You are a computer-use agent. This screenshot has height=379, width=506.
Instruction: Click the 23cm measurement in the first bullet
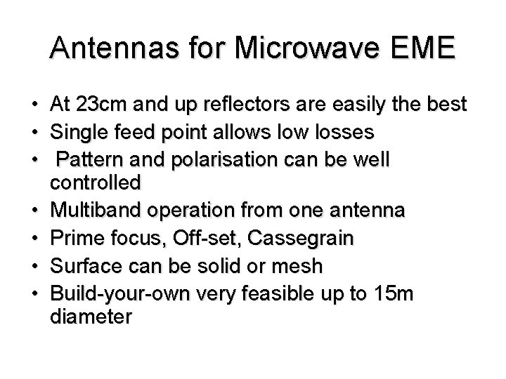click(x=100, y=106)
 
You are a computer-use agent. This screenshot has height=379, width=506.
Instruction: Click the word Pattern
click(x=89, y=159)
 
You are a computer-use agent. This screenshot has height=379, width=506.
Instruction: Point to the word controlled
click(x=96, y=184)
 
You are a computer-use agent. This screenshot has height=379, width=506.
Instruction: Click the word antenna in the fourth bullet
click(x=370, y=210)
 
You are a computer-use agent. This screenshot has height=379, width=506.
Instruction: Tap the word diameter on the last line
click(x=91, y=317)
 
